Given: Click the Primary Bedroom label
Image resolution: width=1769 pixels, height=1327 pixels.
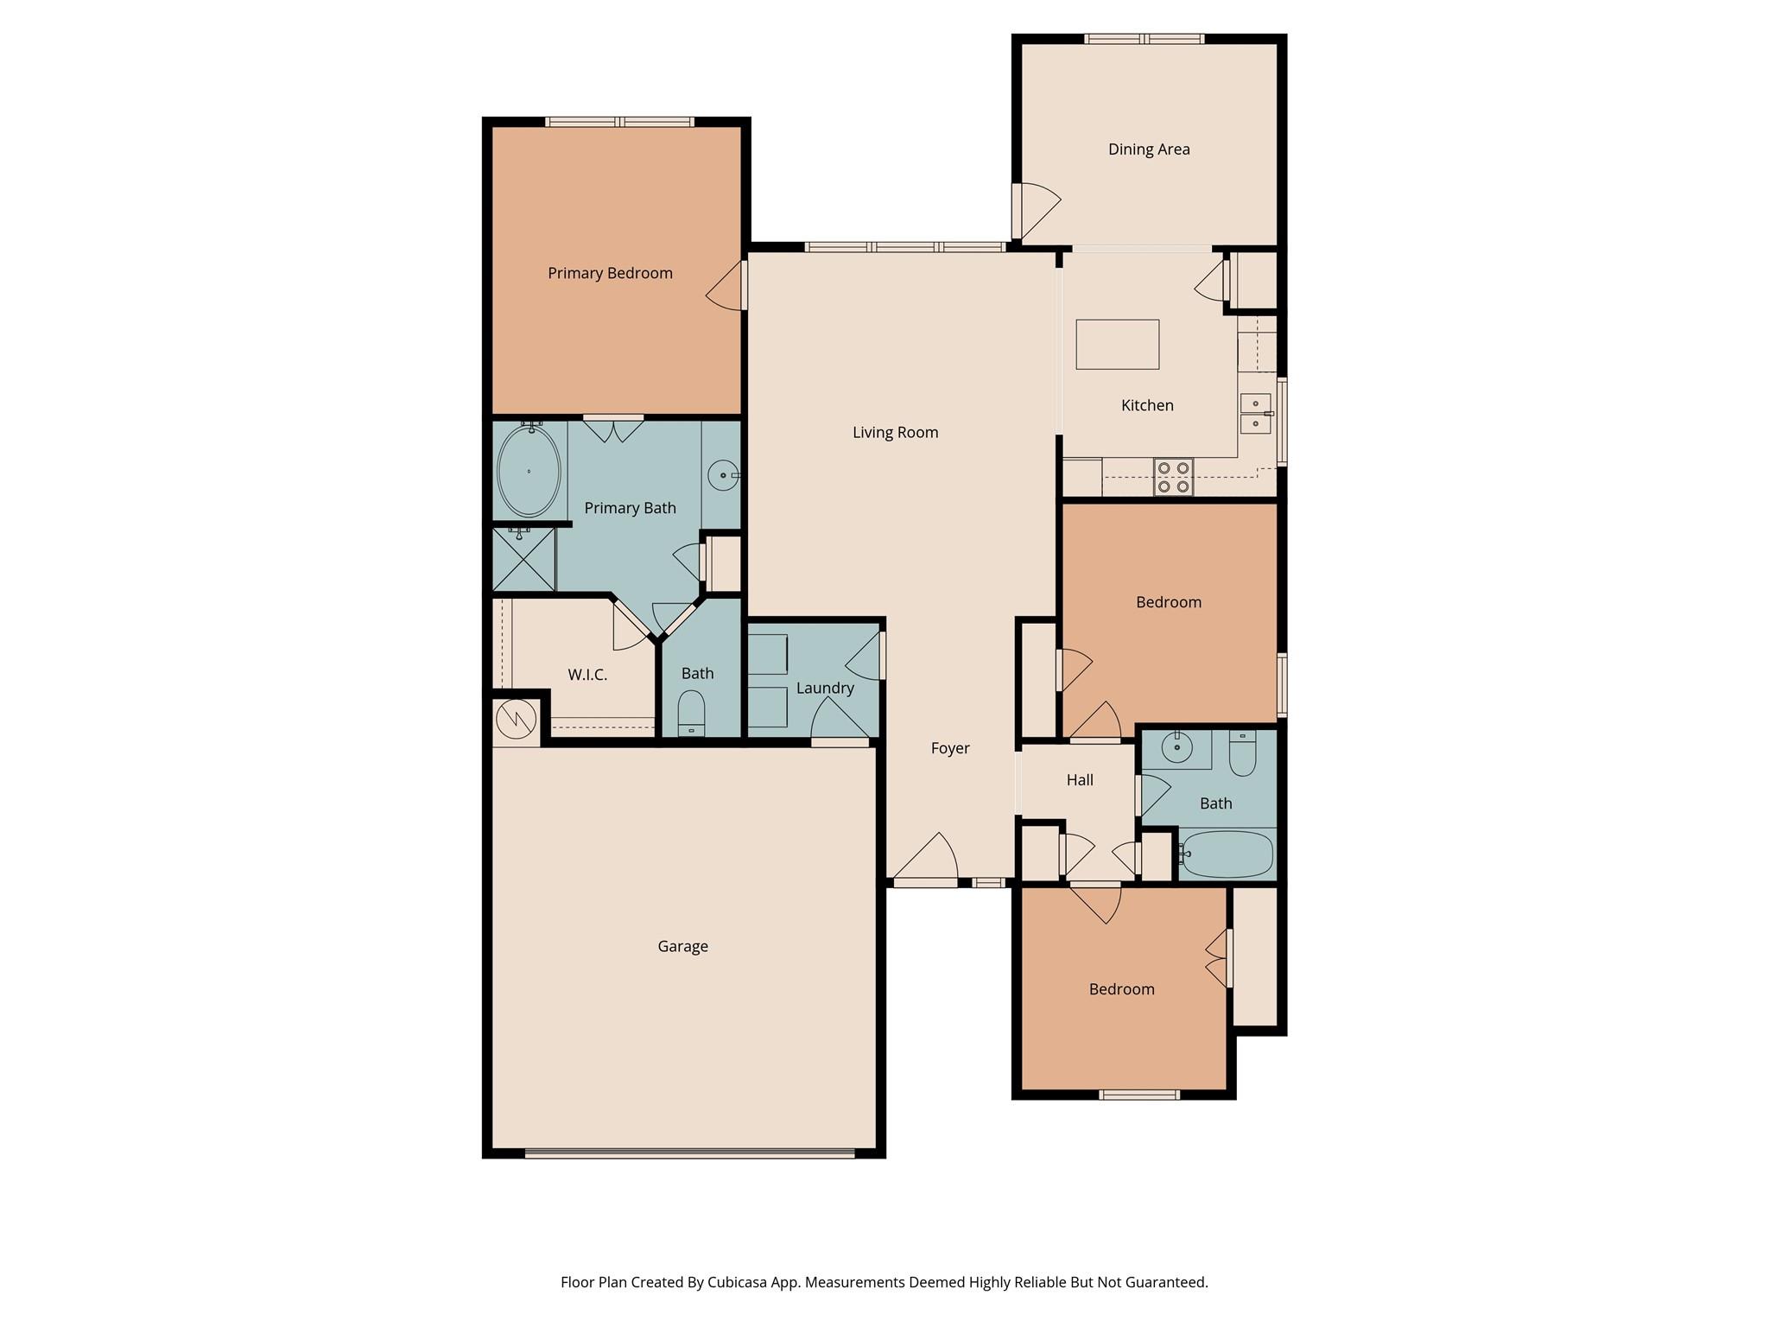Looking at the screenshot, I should pos(610,273).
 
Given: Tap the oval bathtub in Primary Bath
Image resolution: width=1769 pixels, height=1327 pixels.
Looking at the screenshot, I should pos(529,471).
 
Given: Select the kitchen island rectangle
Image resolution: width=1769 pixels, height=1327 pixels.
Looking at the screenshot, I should pos(1117,344).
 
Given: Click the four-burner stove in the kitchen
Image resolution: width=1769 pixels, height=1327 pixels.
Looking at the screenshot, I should pos(1173,477).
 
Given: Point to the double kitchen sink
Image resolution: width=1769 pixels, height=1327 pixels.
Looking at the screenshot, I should pos(1255,413).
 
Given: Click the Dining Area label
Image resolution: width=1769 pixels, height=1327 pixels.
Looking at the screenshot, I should pos(1148,149).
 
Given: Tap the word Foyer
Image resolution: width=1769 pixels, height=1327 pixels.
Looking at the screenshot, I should pos(949,748).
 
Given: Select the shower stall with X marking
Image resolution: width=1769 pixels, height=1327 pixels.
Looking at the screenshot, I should pos(523,560).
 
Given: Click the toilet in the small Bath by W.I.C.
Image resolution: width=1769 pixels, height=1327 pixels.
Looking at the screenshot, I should pos(691,714).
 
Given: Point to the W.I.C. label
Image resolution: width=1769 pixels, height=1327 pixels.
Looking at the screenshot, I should pos(587,675).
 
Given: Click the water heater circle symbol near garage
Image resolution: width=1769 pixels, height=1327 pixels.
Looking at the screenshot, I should pos(515,719).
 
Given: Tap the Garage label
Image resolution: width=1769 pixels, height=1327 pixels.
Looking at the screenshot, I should pos(682,946).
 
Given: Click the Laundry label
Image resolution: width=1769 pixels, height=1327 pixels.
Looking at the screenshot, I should pos(825,688).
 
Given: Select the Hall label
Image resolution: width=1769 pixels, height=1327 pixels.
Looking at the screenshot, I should pos(1080,780).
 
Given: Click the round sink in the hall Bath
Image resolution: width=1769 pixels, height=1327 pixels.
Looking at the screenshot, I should pos(1176,746).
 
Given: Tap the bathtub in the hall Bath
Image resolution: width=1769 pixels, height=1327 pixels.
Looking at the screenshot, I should pos(1227,854).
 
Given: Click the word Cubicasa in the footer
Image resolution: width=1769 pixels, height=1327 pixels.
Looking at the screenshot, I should pos(739,1282).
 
